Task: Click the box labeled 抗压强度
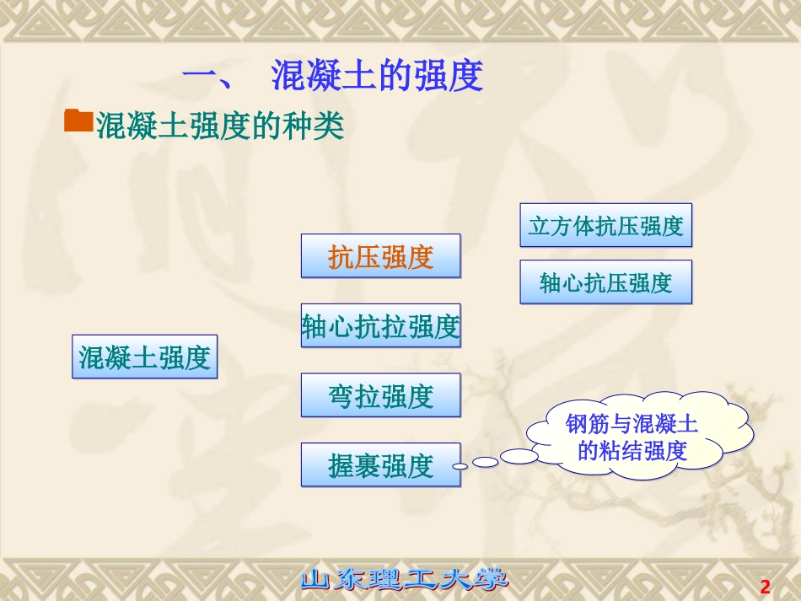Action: click(x=381, y=256)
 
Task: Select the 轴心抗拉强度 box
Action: click(x=381, y=326)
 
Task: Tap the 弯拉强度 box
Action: click(x=381, y=395)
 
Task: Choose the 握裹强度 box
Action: click(x=381, y=464)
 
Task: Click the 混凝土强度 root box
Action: click(x=144, y=357)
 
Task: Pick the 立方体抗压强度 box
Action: click(x=605, y=225)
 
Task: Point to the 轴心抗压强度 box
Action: click(x=605, y=282)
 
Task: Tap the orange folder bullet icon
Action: click(x=78, y=121)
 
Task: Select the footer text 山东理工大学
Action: click(x=406, y=580)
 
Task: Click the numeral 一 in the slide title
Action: click(x=202, y=77)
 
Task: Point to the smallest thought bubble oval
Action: click(x=459, y=466)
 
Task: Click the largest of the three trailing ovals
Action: click(x=519, y=456)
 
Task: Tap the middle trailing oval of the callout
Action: click(x=485, y=462)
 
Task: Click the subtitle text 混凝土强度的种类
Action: click(x=220, y=126)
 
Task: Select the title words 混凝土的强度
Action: click(x=377, y=76)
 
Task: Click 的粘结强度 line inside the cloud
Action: click(x=632, y=451)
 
